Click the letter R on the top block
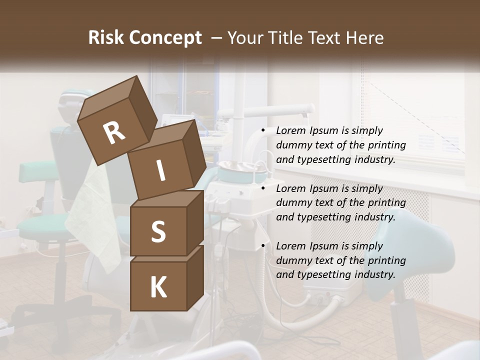coord(114,133)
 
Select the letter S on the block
coord(158,231)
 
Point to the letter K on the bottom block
coord(158,287)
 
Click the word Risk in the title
coord(105,38)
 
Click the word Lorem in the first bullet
coord(291,130)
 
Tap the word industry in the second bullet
coord(369,217)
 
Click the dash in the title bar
coord(216,38)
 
